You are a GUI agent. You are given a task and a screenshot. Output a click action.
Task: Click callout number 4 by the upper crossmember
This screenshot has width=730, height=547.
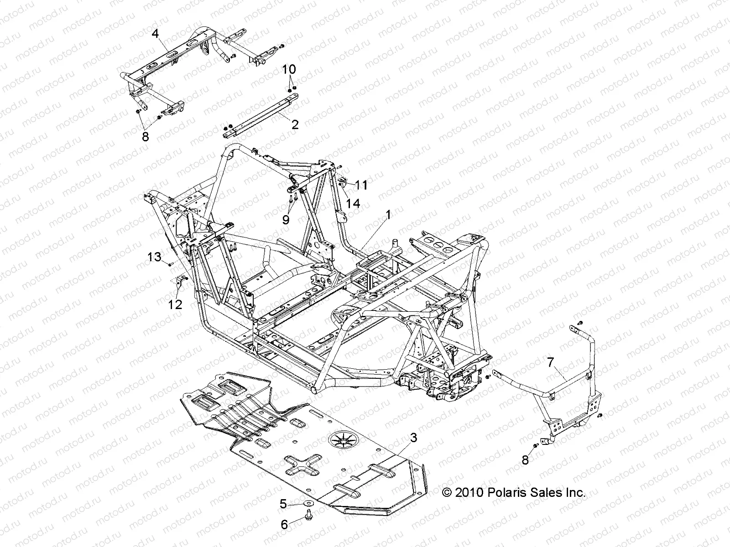tap(156, 33)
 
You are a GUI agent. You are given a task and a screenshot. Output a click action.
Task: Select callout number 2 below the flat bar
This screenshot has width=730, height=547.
tap(295, 124)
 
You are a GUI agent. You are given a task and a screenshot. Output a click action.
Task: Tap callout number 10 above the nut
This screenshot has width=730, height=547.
tap(289, 70)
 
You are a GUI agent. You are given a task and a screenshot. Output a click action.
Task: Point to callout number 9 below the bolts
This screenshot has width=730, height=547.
tap(286, 220)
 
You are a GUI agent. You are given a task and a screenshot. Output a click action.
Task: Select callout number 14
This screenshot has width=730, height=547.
tap(353, 203)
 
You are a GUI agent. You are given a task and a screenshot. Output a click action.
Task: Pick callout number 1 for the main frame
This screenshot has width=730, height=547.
tap(388, 213)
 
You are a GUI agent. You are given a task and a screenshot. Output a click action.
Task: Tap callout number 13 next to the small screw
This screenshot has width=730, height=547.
tap(155, 257)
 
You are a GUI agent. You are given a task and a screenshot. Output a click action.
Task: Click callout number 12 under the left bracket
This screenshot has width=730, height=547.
tap(175, 304)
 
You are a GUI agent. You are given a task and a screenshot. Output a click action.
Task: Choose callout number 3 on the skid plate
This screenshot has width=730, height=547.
tap(413, 439)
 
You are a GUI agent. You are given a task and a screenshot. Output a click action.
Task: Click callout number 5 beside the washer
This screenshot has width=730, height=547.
tap(283, 504)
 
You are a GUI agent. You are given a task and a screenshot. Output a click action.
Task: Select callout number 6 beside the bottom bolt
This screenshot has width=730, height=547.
tap(284, 525)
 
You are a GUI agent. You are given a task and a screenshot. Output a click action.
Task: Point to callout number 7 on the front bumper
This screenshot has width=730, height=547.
tap(551, 363)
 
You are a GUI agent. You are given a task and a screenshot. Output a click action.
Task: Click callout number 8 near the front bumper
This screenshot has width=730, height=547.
tap(525, 460)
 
